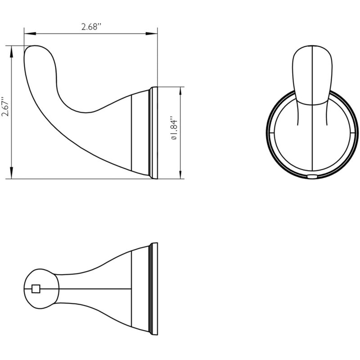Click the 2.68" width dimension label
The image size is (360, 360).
tap(91, 27)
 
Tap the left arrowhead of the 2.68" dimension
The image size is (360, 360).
tap(30, 33)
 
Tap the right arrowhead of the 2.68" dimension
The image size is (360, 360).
tap(152, 33)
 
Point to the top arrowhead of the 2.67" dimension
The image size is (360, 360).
tap(12, 51)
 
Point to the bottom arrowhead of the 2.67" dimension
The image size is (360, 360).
tap(12, 173)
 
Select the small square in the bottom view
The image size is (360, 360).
tap(36, 289)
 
